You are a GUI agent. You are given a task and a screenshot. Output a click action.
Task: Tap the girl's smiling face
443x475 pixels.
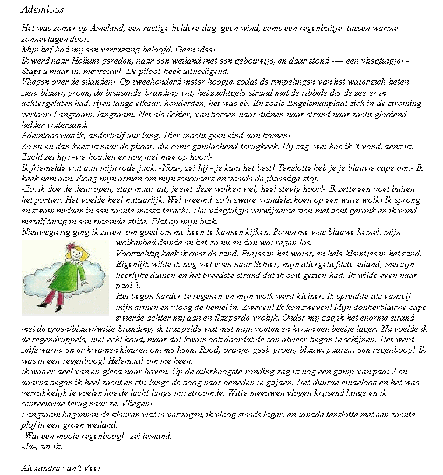pyautogui.click(x=76, y=258)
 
